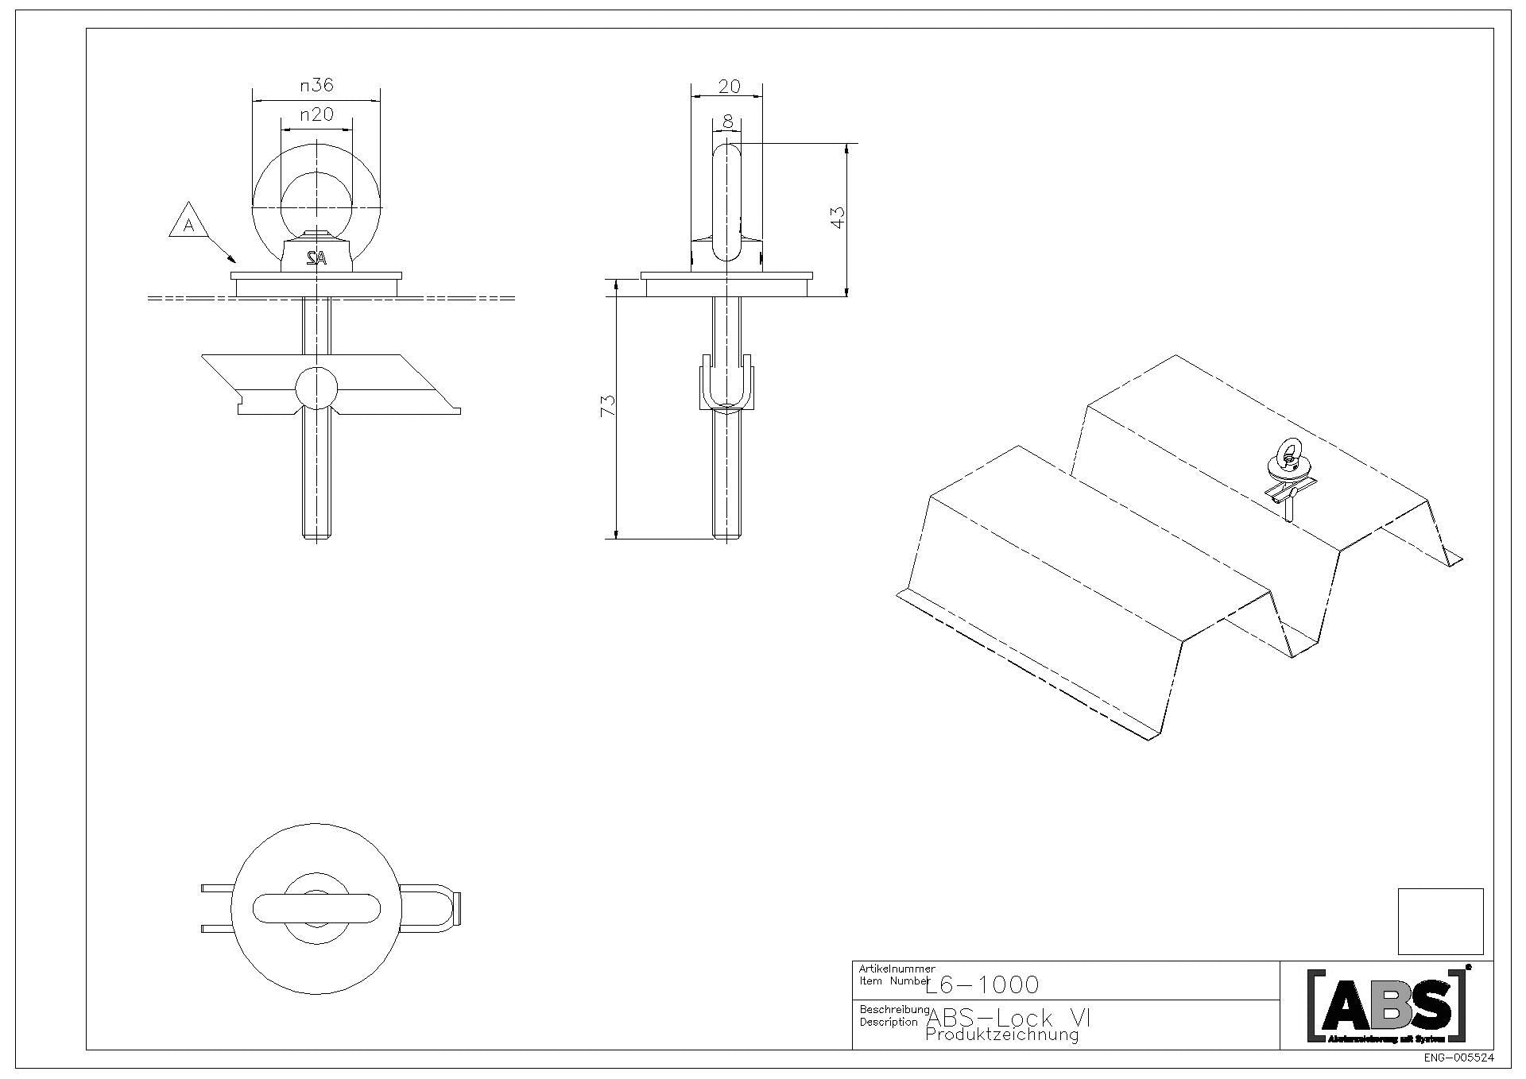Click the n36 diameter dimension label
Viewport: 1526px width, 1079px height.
click(316, 85)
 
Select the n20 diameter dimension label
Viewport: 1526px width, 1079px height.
click(316, 115)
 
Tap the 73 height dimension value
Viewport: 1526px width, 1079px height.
click(607, 406)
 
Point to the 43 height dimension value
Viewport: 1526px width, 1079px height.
click(836, 218)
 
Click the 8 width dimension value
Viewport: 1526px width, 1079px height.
click(727, 122)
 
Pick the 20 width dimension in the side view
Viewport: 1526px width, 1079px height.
click(728, 87)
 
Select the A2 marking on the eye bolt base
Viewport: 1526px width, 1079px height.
click(316, 257)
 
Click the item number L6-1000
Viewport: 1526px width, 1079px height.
click(982, 985)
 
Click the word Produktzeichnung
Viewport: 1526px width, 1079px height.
click(1001, 1035)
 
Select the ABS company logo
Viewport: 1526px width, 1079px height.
click(1387, 1005)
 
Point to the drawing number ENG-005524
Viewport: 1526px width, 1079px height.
click(1459, 1058)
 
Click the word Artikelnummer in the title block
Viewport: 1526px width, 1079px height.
click(897, 969)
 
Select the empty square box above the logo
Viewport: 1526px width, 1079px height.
click(1440, 921)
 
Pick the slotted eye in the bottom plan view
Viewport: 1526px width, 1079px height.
click(316, 909)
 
